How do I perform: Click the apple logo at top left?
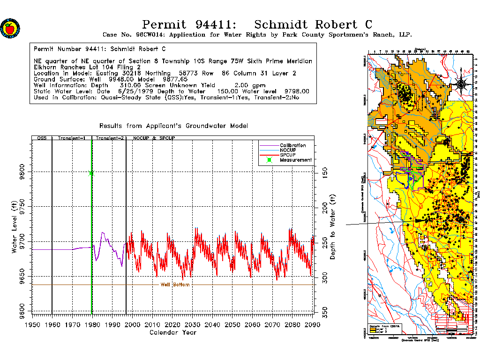point(10,29)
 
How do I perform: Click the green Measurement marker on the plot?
point(91,173)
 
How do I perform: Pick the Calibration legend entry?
point(292,145)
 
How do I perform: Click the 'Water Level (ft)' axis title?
point(15,225)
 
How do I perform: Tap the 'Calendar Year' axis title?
point(172,332)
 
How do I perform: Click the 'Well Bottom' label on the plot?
point(175,285)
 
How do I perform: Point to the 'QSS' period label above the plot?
point(42,138)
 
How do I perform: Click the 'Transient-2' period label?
point(109,138)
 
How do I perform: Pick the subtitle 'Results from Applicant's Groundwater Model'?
point(173,126)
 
